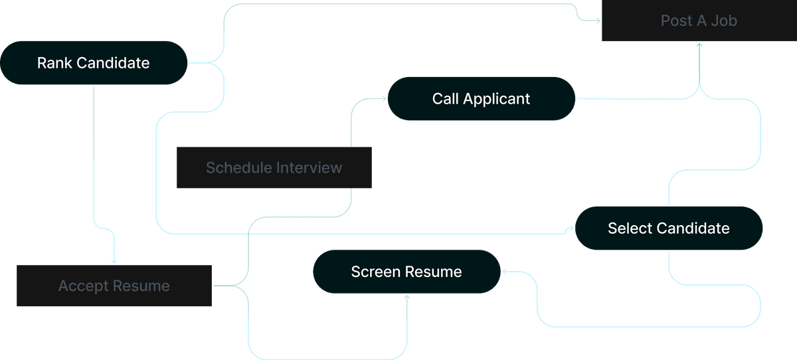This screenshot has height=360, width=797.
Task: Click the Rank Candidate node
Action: click(x=94, y=63)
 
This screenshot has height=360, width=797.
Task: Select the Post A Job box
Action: click(x=699, y=21)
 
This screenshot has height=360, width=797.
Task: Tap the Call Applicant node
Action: click(x=481, y=99)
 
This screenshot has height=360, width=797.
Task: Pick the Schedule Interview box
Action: click(x=274, y=167)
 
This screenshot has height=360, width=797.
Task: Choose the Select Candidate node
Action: click(x=668, y=228)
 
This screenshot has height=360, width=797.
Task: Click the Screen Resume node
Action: click(x=406, y=272)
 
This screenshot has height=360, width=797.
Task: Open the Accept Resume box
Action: click(x=114, y=286)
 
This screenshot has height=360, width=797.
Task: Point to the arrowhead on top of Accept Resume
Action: click(x=114, y=261)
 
